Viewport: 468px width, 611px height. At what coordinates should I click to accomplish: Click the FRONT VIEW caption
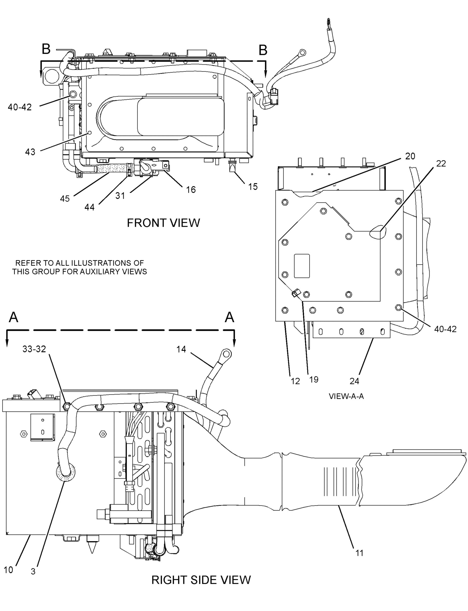point(163,223)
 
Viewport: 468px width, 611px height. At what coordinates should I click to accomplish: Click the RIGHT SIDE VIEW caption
point(201,580)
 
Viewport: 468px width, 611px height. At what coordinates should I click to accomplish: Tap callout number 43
point(30,152)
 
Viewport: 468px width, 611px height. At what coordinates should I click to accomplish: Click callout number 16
point(191,190)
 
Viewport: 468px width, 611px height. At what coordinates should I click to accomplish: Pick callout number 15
point(253,186)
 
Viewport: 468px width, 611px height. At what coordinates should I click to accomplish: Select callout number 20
point(410,156)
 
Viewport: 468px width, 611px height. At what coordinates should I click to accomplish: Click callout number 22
point(441,164)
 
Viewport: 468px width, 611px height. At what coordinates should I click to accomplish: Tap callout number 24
point(354,381)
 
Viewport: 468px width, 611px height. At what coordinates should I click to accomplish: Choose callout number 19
point(314,380)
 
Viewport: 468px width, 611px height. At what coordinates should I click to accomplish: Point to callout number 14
point(181,349)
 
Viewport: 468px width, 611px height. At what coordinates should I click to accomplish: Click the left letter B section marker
point(46,49)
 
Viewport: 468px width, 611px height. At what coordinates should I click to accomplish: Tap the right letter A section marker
point(229,317)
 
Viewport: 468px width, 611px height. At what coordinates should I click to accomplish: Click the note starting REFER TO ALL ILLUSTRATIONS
point(79,267)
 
